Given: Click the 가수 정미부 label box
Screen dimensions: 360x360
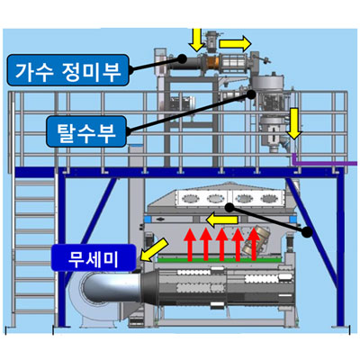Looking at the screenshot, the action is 68,70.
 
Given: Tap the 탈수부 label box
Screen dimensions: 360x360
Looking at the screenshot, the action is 86,131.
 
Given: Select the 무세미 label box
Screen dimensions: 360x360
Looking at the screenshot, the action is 94,257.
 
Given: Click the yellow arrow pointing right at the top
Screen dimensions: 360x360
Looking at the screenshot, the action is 235,44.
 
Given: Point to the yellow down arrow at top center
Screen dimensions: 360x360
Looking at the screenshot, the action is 197,40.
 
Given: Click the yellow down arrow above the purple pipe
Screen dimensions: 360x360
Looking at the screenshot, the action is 293,124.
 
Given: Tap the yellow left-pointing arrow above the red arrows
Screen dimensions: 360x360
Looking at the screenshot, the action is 222,220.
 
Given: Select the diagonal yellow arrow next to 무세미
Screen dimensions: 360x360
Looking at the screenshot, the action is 154,249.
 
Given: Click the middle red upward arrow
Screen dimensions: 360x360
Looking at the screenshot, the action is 222,244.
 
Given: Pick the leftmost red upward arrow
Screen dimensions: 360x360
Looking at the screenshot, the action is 190,244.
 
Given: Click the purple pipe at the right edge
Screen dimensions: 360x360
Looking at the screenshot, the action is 324,163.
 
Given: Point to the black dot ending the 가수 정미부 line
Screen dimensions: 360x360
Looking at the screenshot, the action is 181,58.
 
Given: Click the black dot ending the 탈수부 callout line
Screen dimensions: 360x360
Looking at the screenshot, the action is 251,94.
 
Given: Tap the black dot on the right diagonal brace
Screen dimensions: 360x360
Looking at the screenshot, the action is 307,232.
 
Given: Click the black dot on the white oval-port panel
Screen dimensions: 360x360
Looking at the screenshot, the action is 229,207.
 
